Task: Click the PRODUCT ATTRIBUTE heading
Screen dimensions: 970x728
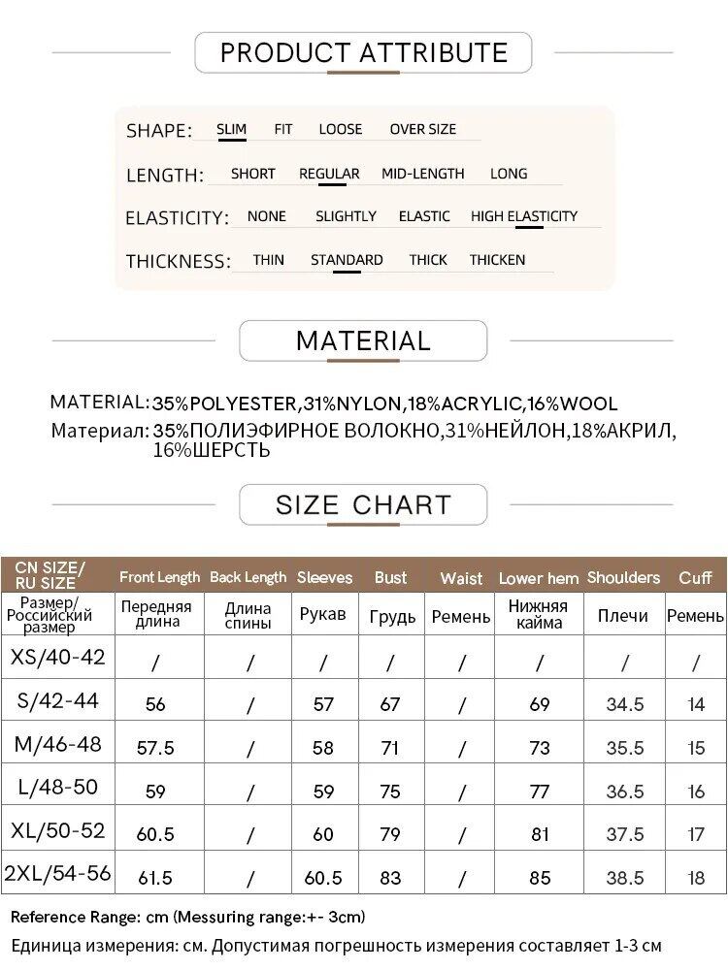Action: [364, 52]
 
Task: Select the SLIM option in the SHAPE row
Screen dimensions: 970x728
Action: [231, 129]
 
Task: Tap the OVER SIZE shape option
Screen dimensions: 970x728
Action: [422, 129]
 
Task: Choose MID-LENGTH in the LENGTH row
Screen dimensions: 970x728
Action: [422, 174]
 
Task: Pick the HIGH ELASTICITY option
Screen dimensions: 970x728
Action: [524, 216]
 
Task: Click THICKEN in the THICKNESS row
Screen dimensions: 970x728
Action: [497, 260]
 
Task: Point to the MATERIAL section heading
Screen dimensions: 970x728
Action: [363, 340]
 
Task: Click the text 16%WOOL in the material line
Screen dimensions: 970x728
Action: [574, 404]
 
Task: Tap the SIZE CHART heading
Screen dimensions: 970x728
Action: [363, 505]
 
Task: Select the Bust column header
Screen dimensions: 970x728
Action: [390, 578]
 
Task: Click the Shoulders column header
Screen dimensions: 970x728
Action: [623, 578]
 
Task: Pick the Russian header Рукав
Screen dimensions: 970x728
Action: [323, 615]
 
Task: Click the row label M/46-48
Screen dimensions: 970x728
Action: [58, 745]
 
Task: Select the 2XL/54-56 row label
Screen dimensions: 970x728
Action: [58, 874]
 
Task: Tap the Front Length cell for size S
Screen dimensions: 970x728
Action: [155, 705]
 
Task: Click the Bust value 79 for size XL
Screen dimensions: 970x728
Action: [390, 834]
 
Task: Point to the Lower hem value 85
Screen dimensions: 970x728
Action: [540, 878]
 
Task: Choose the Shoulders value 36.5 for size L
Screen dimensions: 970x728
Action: [625, 792]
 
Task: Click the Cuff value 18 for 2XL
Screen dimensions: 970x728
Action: [696, 878]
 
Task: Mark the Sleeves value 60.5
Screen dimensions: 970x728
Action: [323, 878]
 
